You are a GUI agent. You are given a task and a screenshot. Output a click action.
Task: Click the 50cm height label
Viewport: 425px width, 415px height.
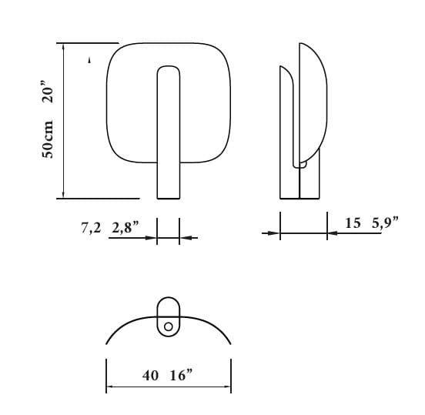tap(49, 139)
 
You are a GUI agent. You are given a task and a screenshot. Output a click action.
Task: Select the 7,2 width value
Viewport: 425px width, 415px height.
tap(91, 227)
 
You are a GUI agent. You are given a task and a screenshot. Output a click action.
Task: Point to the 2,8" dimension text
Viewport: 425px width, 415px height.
tap(124, 227)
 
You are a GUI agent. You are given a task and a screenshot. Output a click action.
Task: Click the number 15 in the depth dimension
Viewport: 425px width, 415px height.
tap(353, 223)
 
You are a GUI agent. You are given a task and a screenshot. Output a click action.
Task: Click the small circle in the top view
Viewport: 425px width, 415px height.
tap(168, 326)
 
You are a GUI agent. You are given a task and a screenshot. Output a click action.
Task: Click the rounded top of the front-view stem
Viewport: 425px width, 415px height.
tap(168, 69)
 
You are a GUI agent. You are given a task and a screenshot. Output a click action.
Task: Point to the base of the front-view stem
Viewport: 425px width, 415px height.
tap(168, 196)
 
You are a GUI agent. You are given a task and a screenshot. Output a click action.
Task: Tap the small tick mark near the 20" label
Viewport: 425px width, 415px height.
tap(90, 59)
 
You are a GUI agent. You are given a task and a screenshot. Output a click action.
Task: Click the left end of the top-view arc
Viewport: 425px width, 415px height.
tap(107, 343)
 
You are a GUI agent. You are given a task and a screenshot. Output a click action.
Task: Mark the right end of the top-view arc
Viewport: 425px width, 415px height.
tap(230, 344)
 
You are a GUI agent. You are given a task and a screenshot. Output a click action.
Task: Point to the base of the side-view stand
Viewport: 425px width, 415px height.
tap(299, 196)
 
